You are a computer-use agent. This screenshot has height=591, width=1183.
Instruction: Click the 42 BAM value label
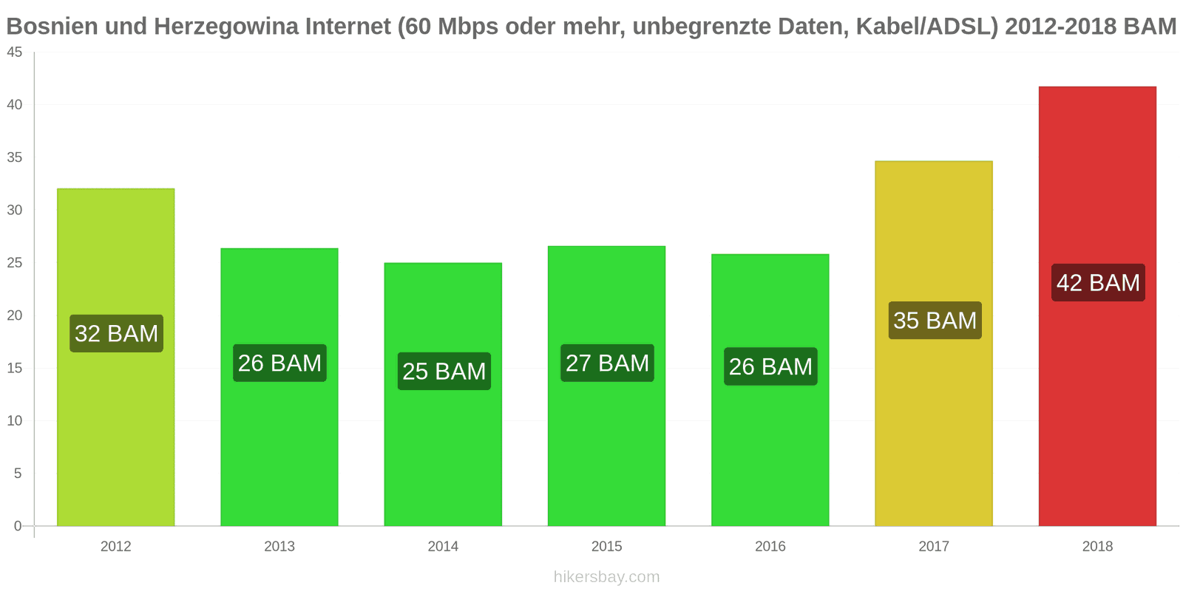click(x=1098, y=283)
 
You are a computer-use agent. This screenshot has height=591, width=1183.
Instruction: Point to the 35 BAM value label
click(x=935, y=321)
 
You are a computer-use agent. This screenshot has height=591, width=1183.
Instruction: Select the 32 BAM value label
click(x=116, y=334)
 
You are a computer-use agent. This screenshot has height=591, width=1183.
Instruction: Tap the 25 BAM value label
click(x=444, y=371)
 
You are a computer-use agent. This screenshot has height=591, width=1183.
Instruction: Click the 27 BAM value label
click(x=607, y=363)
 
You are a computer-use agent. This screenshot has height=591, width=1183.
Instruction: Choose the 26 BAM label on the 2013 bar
click(x=279, y=363)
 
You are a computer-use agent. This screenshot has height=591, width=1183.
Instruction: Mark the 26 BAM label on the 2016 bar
click(x=770, y=366)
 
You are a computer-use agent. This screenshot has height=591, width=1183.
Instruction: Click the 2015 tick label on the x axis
click(x=606, y=547)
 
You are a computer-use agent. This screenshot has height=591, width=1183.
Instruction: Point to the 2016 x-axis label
click(x=770, y=547)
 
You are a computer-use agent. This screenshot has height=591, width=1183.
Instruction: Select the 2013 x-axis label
click(x=279, y=547)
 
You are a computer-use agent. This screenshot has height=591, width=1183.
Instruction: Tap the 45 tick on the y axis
click(x=15, y=52)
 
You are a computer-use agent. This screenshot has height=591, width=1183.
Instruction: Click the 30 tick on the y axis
click(x=15, y=211)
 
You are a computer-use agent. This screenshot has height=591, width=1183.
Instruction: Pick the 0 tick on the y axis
click(x=18, y=526)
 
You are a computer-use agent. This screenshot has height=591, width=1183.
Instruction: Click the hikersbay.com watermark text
click(x=606, y=577)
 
